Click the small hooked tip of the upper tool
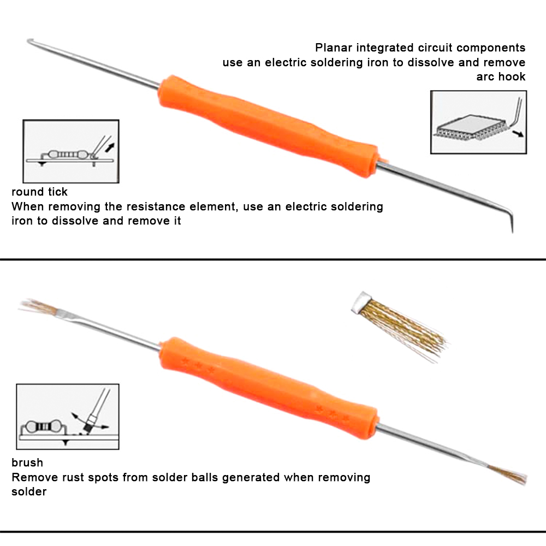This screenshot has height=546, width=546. click(30, 41)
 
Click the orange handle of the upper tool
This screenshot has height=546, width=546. click(268, 126)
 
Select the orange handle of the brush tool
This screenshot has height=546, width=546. click(268, 388)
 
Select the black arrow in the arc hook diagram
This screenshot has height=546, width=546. click(518, 133)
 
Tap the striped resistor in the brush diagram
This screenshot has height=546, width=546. click(44, 426)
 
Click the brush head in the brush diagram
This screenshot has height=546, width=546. click(90, 423)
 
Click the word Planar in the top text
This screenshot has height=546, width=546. click(334, 48)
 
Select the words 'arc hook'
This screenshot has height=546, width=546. click(501, 76)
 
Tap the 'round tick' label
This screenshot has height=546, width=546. click(39, 192)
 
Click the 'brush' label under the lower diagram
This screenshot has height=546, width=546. click(27, 463)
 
